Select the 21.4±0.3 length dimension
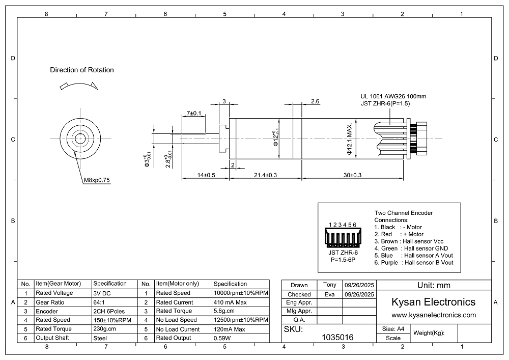tap(265, 175)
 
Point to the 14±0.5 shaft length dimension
tap(206, 175)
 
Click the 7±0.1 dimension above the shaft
tap(194, 113)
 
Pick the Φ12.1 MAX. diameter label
tap(350, 139)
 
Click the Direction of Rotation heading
tap(82, 70)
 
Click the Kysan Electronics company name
tap(433, 302)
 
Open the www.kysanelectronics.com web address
tap(433, 315)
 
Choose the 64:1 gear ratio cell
tap(100, 302)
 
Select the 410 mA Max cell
tap(231, 302)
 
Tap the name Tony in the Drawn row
tap(329, 285)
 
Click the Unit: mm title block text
tap(433, 286)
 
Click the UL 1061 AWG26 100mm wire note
tap(393, 96)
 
